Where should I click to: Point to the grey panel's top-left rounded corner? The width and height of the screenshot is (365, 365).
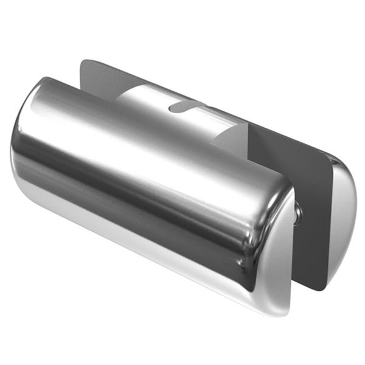(85, 63)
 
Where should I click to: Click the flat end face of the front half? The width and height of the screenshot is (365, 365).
(286, 255)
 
